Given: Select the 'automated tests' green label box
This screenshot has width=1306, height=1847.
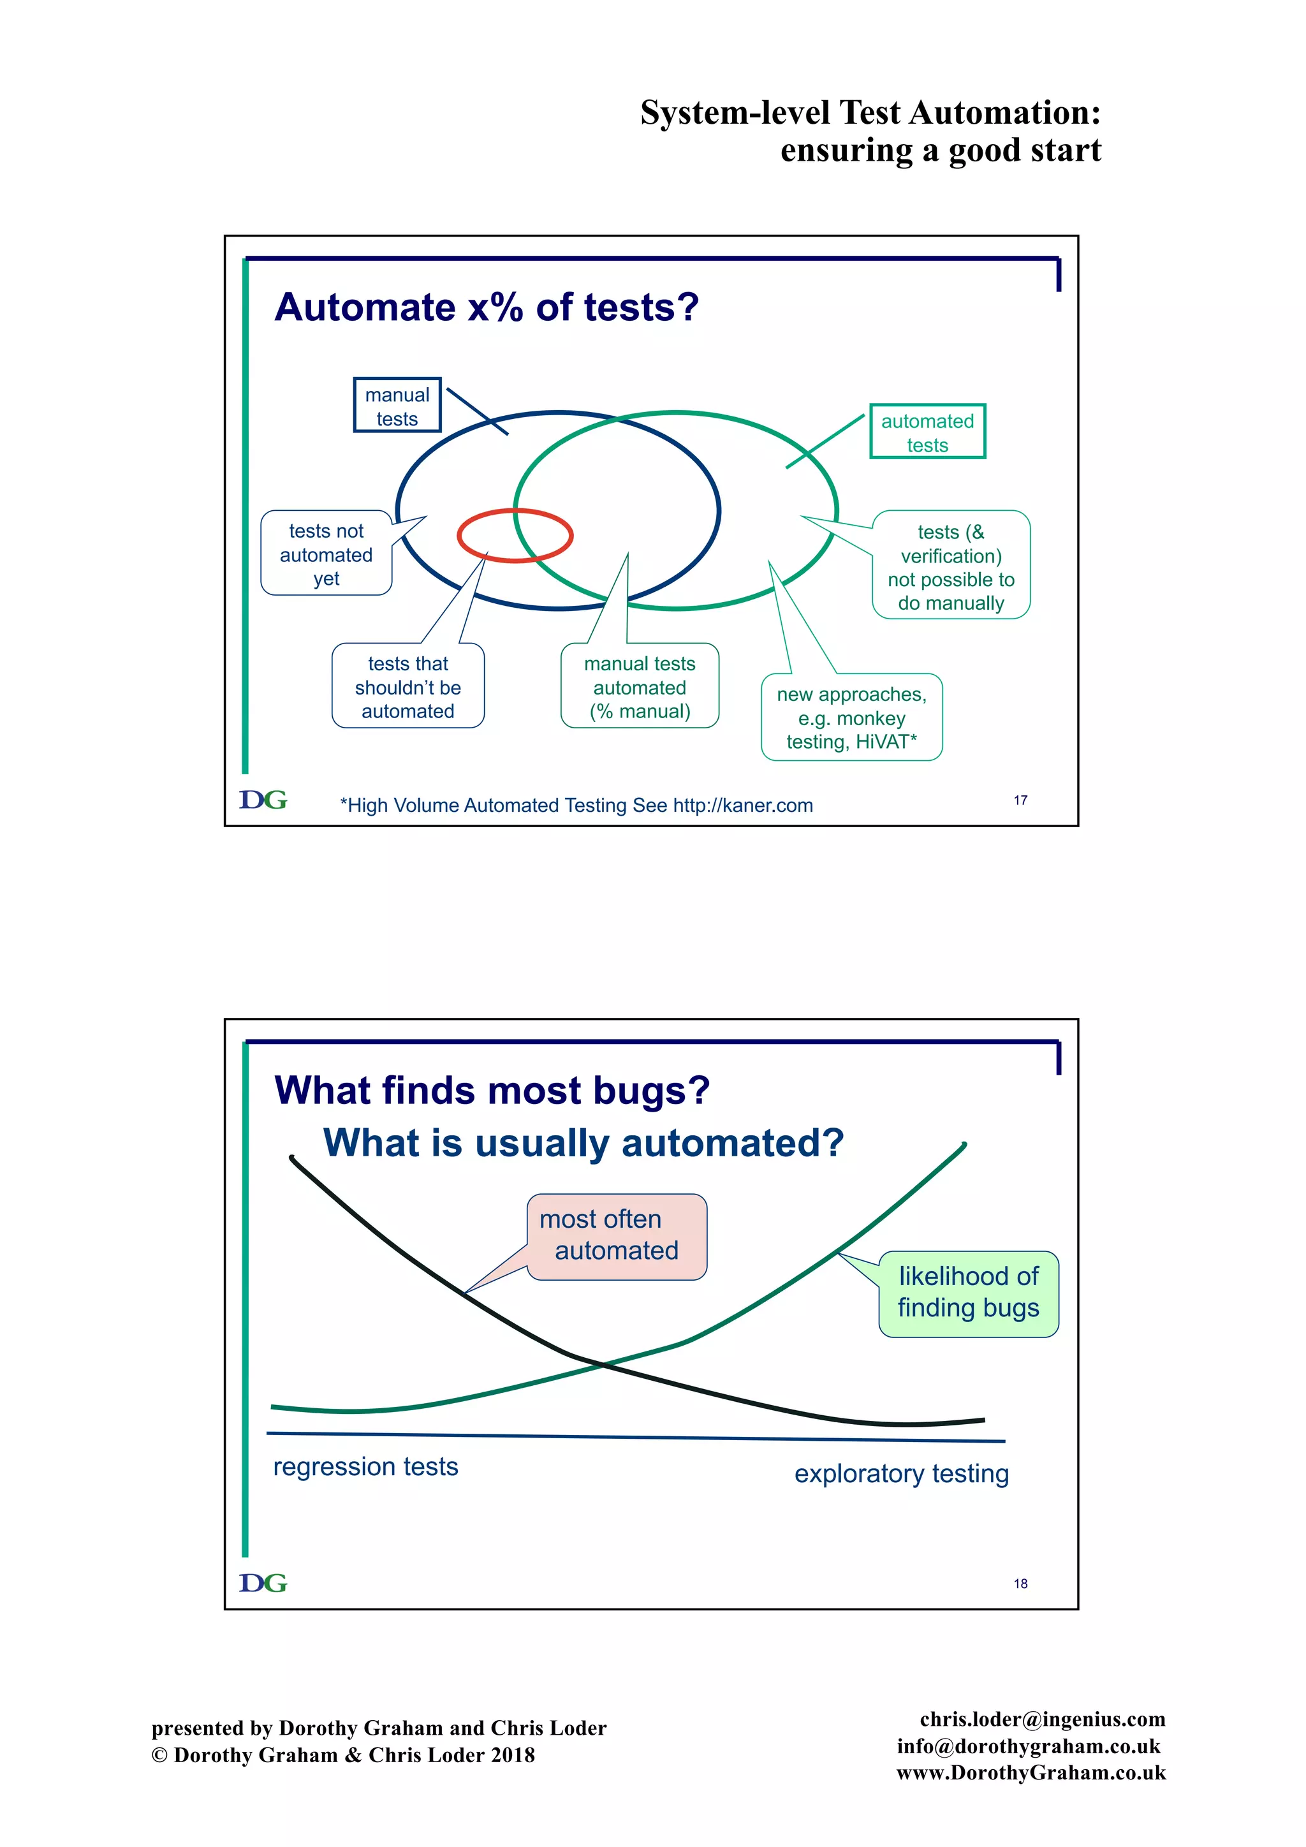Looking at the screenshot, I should (927, 432).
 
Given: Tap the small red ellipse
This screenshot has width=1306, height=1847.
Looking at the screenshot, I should (515, 535).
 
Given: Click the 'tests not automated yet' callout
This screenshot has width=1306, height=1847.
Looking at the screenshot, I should (326, 554).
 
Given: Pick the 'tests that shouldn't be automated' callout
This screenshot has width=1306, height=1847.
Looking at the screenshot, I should (407, 686).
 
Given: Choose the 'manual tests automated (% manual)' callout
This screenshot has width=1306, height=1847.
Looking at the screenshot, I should (640, 686).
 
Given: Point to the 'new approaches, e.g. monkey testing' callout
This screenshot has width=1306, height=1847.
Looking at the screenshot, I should (851, 717).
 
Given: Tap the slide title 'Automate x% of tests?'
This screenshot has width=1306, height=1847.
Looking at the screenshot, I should (487, 307).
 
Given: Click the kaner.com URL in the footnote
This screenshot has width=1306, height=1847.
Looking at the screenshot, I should (742, 806).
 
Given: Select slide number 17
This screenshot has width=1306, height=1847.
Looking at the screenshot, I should (1020, 800).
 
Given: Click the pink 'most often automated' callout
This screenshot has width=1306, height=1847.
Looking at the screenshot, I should (617, 1235).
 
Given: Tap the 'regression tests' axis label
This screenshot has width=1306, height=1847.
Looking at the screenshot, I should (366, 1466).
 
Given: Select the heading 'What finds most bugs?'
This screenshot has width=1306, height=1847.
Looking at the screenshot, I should (492, 1090).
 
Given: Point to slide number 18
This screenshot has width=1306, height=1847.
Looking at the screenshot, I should (1020, 1583).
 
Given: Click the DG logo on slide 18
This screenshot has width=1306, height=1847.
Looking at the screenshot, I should (263, 1582).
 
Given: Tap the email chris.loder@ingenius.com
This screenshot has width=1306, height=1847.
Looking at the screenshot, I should (1042, 1719).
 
